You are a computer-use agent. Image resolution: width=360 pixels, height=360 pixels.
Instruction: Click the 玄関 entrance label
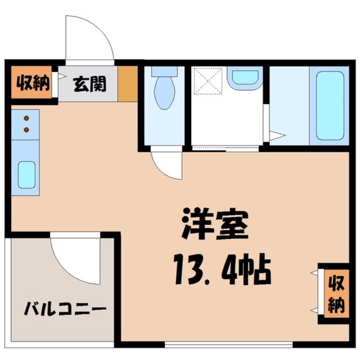[x=90, y=84]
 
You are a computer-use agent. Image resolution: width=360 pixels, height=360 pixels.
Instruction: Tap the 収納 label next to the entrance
[x=32, y=83]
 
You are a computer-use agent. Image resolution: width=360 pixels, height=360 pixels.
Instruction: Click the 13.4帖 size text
[x=220, y=270]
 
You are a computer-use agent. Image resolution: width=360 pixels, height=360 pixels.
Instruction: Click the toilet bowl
[x=164, y=92]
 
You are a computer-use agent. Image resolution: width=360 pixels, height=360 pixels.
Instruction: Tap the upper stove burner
[x=26, y=119]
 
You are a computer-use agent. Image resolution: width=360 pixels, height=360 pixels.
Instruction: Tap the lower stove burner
[x=26, y=130]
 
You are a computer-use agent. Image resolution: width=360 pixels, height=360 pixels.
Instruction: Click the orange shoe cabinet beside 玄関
[x=128, y=84]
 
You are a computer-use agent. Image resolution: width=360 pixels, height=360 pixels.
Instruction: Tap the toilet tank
[x=164, y=71]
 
